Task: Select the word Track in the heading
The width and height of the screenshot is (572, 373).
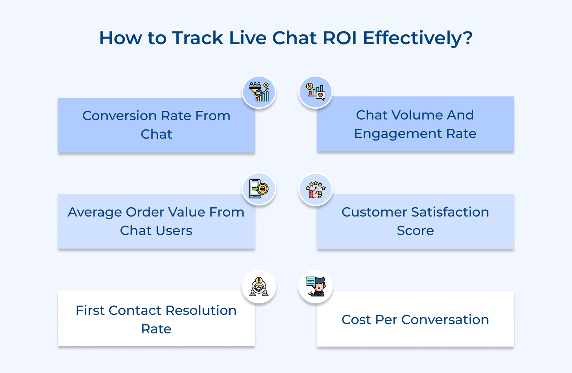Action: pos(197,38)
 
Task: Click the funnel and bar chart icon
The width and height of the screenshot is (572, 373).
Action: pos(259,92)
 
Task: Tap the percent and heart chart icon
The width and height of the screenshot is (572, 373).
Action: pos(315,92)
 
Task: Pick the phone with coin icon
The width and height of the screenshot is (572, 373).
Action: pos(259,189)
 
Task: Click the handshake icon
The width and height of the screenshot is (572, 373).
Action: pos(259,287)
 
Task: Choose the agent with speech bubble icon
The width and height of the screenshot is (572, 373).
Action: pos(315,287)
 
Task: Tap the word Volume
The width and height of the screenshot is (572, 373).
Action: pos(417,115)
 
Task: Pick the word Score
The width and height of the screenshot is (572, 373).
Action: pos(415,231)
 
